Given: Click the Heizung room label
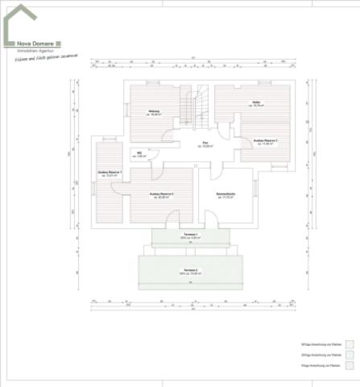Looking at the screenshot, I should pyautogui.click(x=153, y=110).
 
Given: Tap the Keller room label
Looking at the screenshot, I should pyautogui.click(x=254, y=102).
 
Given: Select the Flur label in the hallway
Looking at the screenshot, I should pyautogui.click(x=205, y=144).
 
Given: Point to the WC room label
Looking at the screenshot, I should pyautogui.click(x=139, y=152).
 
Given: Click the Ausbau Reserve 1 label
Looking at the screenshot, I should pyautogui.click(x=107, y=173).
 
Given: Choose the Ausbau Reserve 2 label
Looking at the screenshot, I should pyautogui.click(x=161, y=194).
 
